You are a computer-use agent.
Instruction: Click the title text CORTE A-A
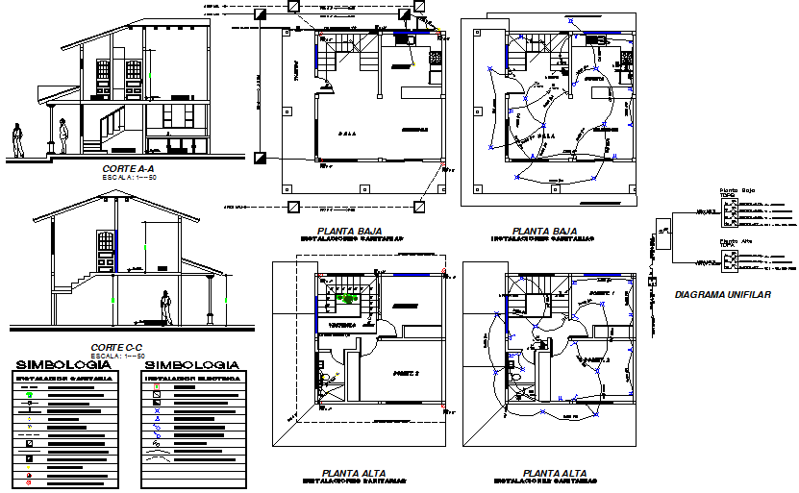[109, 168]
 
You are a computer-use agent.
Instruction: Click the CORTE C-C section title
[116, 347]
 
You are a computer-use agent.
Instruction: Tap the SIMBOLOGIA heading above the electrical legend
[191, 365]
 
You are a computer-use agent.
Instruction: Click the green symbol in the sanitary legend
[30, 394]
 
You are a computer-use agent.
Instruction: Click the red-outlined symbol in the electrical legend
[157, 386]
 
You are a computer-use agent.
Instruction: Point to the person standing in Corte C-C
[166, 307]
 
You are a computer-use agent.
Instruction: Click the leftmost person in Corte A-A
[17, 140]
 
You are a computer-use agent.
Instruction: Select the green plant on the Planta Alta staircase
[347, 298]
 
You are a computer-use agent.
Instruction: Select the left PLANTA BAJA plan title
[349, 231]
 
